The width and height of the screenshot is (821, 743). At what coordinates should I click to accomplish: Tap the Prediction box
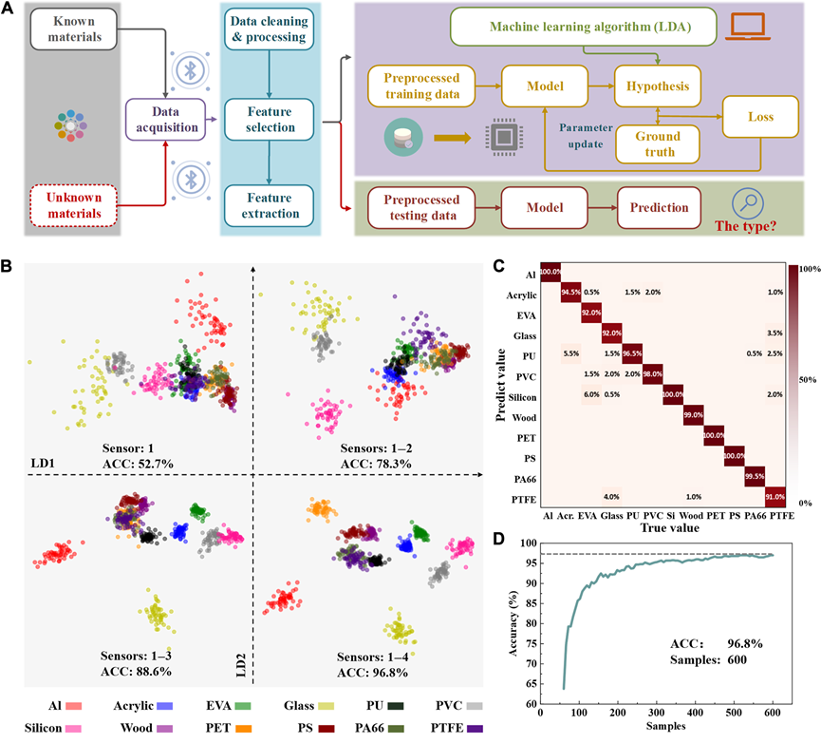point(654,206)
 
